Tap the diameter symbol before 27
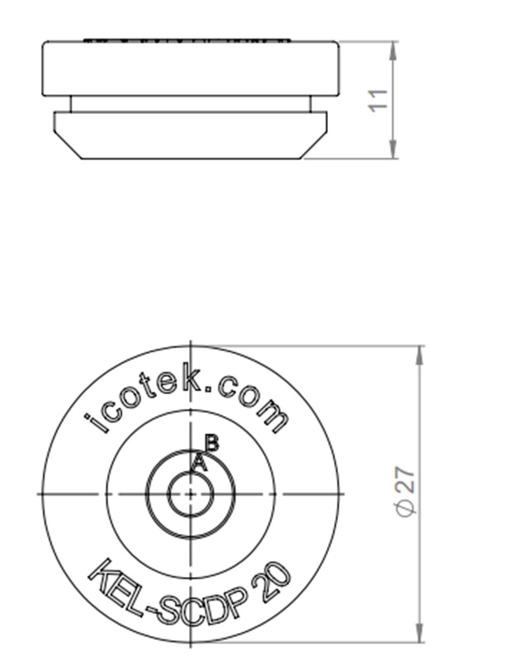[x=407, y=509]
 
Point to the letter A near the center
[x=199, y=463]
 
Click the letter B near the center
[x=211, y=442]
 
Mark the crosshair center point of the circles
[x=190, y=494]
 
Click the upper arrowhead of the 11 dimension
[x=393, y=50]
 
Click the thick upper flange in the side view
[x=191, y=69]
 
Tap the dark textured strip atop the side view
[x=188, y=40]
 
